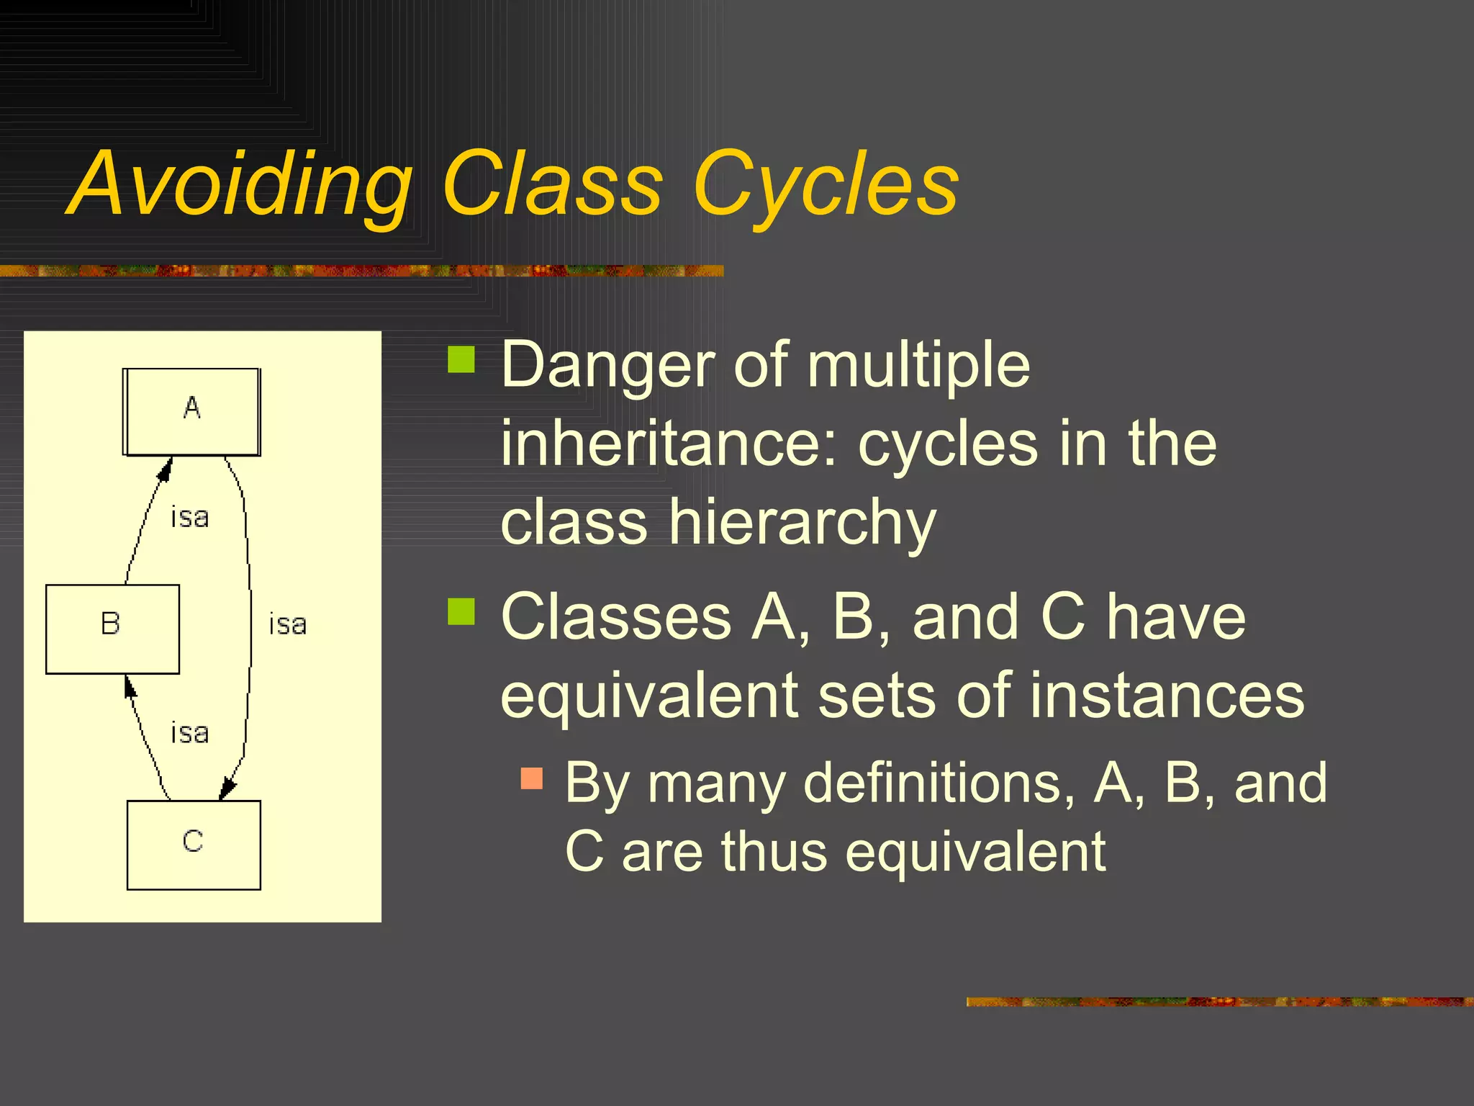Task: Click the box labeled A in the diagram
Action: (191, 412)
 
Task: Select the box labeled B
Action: (112, 629)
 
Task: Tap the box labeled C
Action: (194, 845)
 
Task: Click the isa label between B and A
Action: (190, 517)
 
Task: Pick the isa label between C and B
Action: (190, 733)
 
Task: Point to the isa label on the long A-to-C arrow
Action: (288, 624)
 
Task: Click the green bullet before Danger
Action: (461, 359)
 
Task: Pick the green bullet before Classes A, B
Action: (461, 611)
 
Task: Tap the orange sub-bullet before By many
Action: (531, 778)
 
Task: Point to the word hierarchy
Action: (802, 522)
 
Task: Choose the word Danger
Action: (608, 365)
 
